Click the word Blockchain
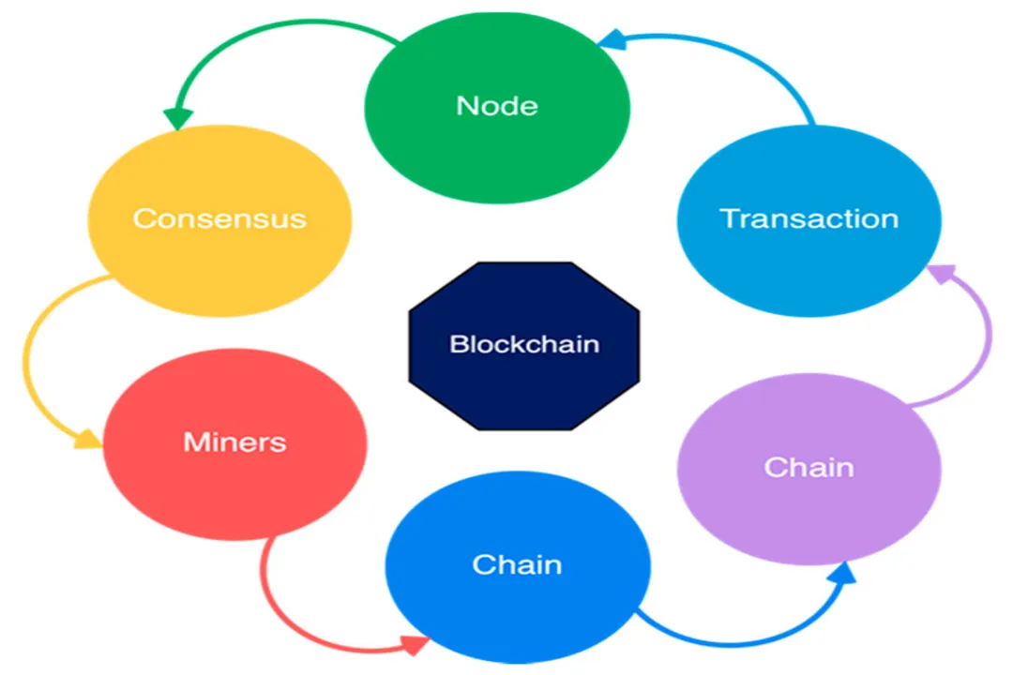coord(524,344)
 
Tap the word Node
coord(497,105)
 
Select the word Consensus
coord(219,218)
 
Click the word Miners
coord(234,442)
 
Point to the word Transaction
coord(809,218)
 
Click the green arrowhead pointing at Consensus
coord(177,119)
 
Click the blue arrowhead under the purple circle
coord(843,573)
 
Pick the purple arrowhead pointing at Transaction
coord(940,274)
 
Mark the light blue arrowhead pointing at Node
coord(612,38)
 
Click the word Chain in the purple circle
coord(809,467)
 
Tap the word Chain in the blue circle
coord(518,564)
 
